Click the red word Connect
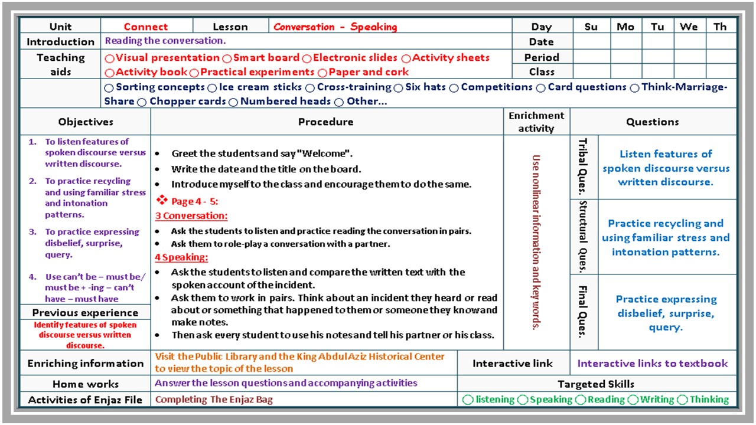click(x=146, y=27)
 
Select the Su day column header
click(x=591, y=27)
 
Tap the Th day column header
click(x=720, y=27)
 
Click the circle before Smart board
click(x=227, y=58)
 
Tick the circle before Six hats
click(x=399, y=88)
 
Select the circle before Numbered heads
click(x=233, y=102)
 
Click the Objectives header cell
click(x=86, y=122)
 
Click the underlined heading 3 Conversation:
click(x=191, y=216)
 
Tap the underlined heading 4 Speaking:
click(x=181, y=257)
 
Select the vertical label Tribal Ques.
click(x=583, y=167)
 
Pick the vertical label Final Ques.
click(x=583, y=312)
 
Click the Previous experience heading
click(x=85, y=313)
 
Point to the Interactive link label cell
click(x=513, y=364)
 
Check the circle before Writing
click(x=633, y=400)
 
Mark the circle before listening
click(x=468, y=400)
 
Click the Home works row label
click(x=86, y=384)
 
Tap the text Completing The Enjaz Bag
click(x=214, y=400)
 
